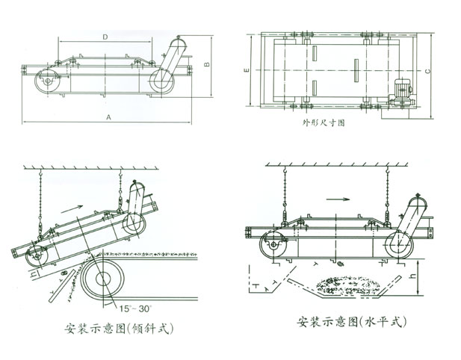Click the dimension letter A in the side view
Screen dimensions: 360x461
pos(109,117)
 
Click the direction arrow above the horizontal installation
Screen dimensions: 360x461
pos(338,199)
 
